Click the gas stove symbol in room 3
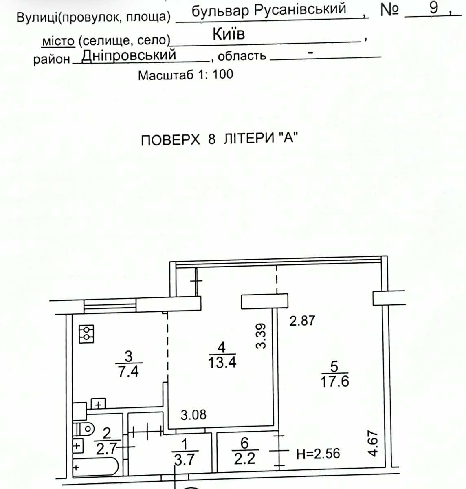coord(86,334)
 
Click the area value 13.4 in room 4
coord(222,362)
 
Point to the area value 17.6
coord(335,381)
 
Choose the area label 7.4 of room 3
coord(128,372)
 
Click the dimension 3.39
coord(261,336)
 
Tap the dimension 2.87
coord(302,320)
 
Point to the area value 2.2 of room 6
coord(245,458)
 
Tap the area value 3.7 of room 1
coord(184,459)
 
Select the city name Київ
coord(229,34)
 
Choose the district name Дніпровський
coord(129,56)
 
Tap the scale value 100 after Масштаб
coord(223,75)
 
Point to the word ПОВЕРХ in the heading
coord(170,140)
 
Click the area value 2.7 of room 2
coord(106,449)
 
